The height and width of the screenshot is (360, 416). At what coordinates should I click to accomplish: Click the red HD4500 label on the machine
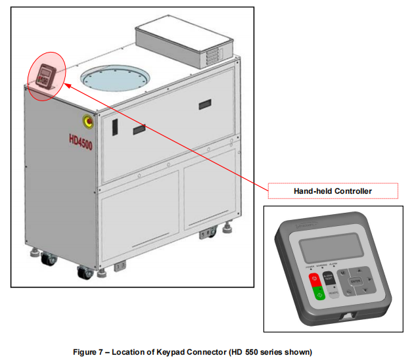80,141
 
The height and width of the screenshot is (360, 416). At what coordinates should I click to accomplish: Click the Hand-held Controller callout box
333,191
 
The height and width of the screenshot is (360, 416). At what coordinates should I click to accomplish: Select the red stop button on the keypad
315,279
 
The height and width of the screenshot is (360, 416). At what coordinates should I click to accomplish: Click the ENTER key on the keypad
356,283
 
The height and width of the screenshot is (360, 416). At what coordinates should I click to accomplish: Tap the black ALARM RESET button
330,280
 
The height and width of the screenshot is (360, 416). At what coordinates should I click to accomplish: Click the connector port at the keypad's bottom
346,317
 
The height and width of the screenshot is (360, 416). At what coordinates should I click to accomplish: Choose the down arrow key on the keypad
353,295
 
